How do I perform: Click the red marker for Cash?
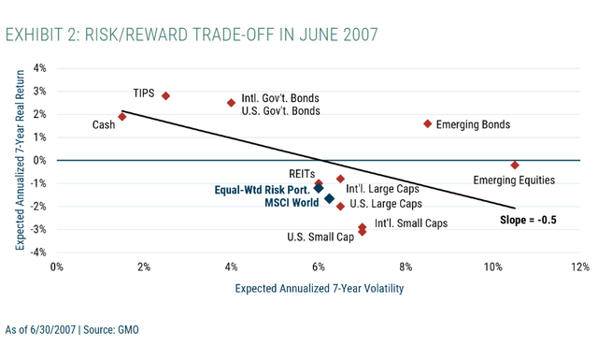(122, 117)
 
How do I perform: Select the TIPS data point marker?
(165, 95)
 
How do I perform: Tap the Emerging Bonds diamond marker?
(427, 123)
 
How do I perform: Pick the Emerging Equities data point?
(515, 165)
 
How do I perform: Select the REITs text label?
(301, 174)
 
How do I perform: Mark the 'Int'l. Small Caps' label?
(410, 223)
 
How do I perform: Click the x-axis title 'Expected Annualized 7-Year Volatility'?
(319, 289)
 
